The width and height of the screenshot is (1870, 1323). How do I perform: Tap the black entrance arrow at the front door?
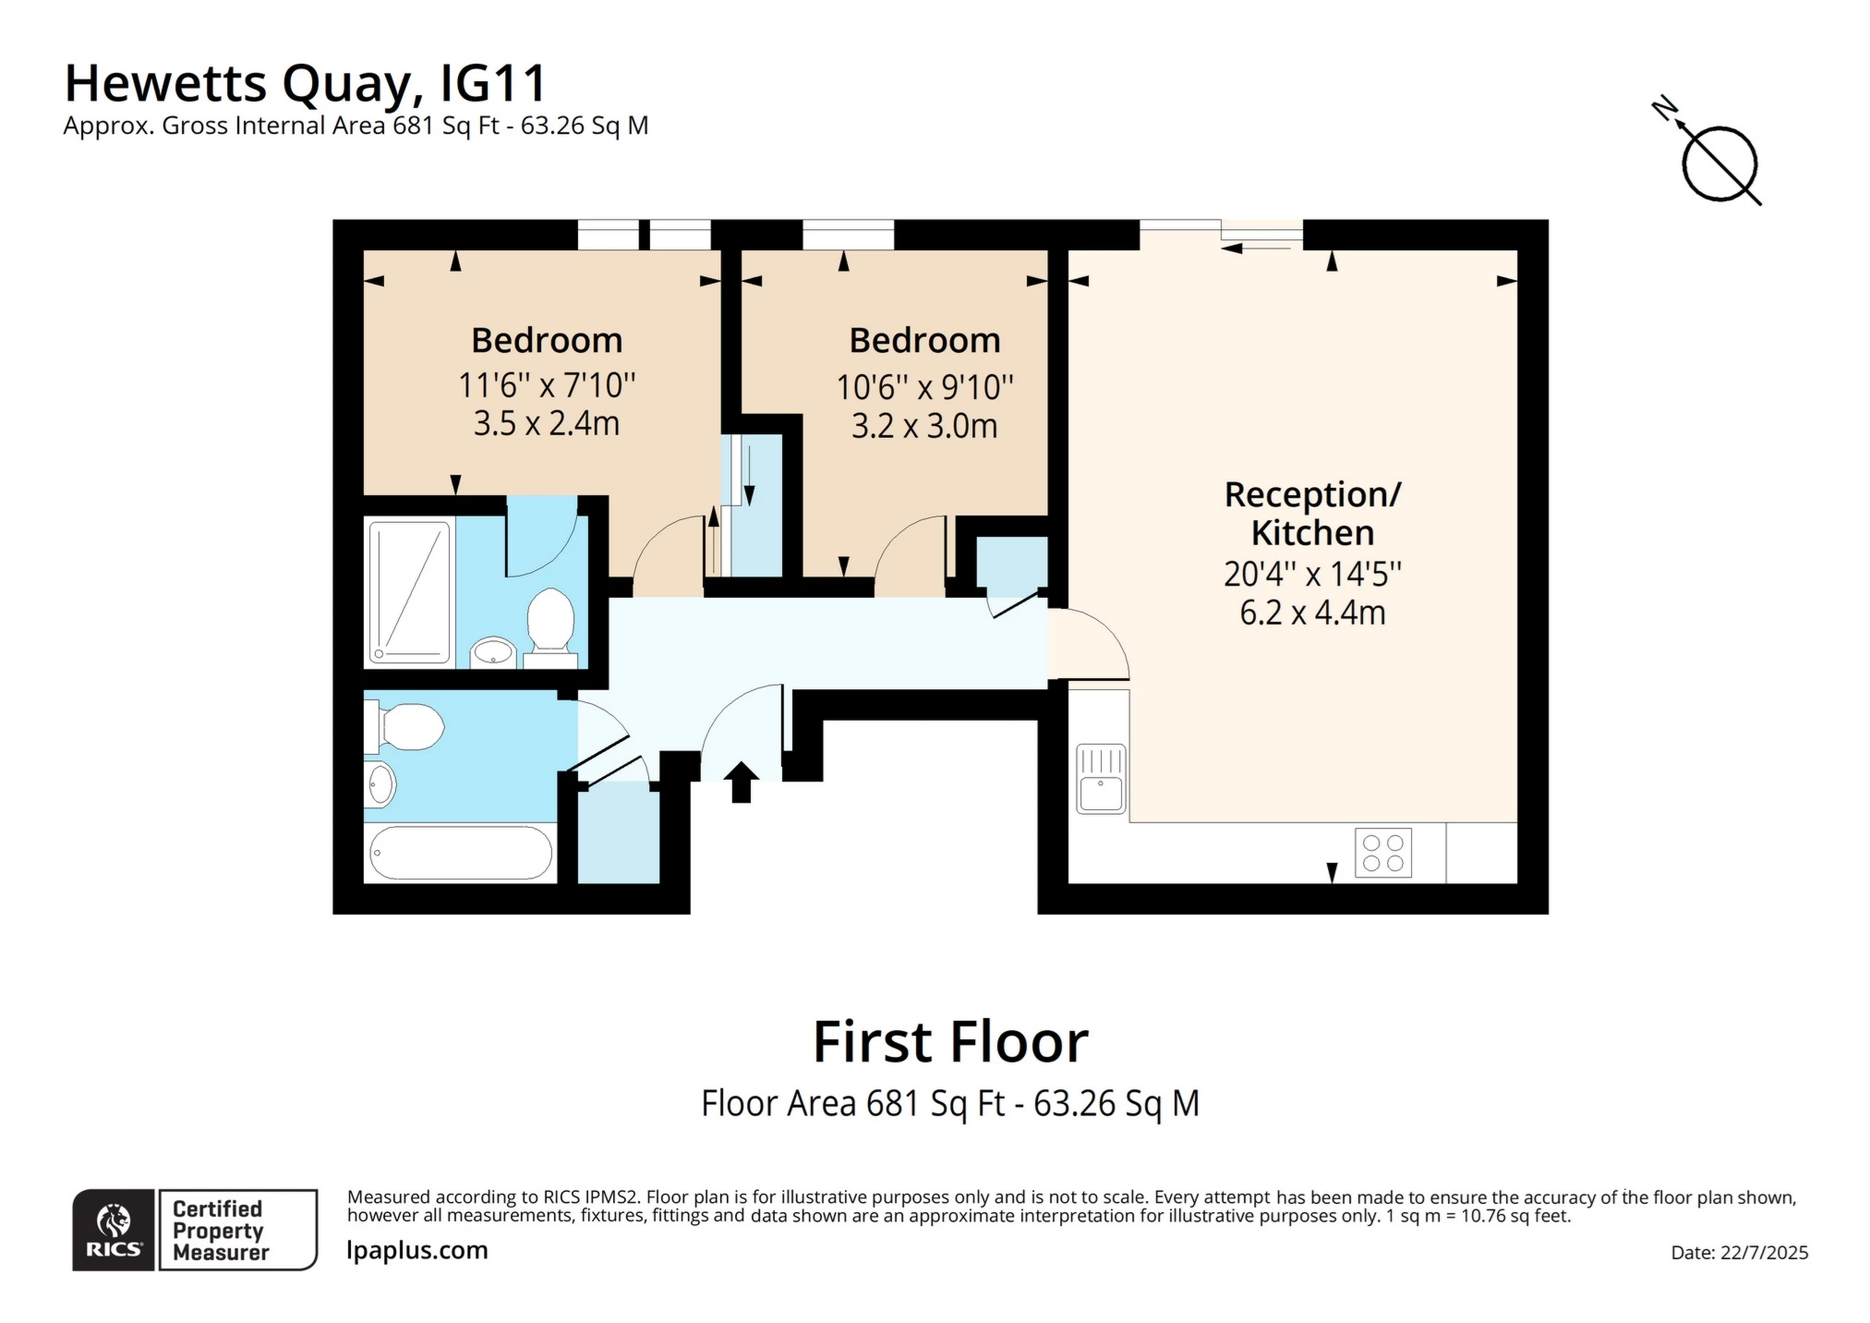click(x=741, y=782)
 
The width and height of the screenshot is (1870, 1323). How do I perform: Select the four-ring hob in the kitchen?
click(x=1382, y=853)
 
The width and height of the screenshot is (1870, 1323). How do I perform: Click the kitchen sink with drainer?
click(x=1101, y=779)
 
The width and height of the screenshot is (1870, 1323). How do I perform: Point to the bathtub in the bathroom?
click(x=460, y=853)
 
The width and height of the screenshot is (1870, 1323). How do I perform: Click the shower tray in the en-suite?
click(x=409, y=592)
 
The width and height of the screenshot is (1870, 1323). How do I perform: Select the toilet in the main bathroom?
click(x=406, y=727)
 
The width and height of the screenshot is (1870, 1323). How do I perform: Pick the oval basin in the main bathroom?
click(x=380, y=785)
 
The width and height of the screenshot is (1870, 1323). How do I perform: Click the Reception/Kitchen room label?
click(x=1312, y=514)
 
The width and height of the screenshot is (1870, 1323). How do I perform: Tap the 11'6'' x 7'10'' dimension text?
click(x=547, y=384)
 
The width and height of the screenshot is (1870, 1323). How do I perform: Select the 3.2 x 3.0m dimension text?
click(x=924, y=426)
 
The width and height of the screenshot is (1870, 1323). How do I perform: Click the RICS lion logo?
click(x=114, y=1230)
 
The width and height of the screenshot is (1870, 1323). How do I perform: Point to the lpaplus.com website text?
click(x=416, y=1250)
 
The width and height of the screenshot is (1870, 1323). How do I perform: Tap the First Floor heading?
click(x=950, y=1042)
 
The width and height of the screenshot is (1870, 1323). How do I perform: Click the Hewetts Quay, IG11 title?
click(x=306, y=83)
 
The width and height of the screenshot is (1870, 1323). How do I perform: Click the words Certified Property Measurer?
click(x=220, y=1231)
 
